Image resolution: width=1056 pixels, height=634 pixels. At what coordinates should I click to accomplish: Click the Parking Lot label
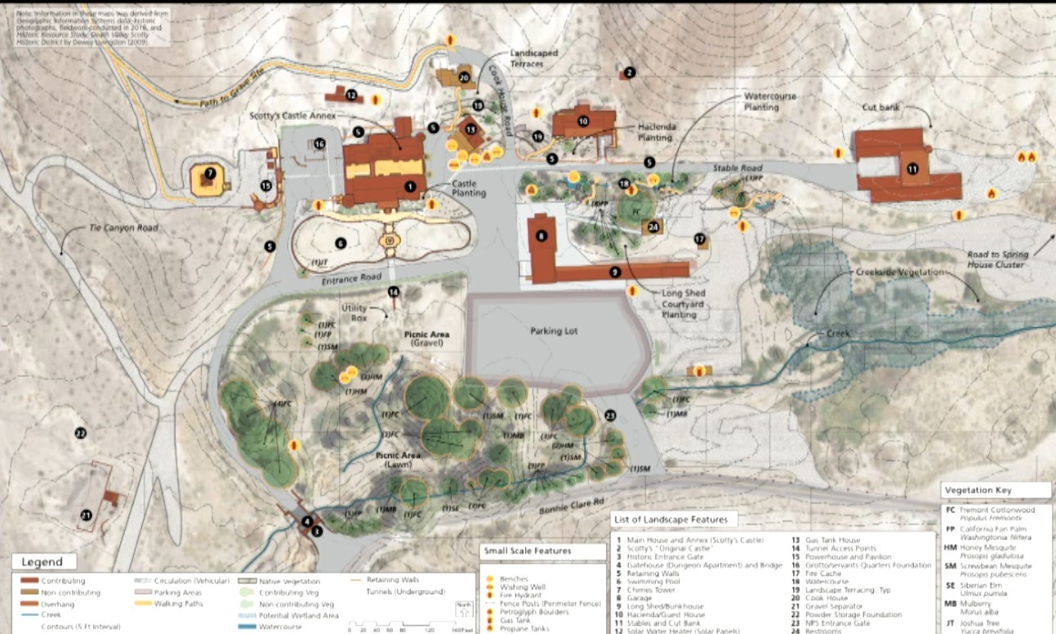coord(553,331)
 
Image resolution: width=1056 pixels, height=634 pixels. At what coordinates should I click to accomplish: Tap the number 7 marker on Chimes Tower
coord(210,173)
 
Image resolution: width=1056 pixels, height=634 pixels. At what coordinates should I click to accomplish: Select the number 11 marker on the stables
coord(912,169)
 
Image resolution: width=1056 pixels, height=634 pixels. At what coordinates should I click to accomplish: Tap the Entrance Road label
coord(351,279)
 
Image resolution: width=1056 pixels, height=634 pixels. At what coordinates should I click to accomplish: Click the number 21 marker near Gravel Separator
coord(86,514)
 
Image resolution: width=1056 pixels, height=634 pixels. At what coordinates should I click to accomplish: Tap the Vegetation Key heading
coord(984,490)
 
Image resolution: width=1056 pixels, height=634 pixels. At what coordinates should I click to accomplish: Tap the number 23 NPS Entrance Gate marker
coord(610,415)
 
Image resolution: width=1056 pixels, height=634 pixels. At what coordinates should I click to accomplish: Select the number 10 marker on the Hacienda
coord(583,121)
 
